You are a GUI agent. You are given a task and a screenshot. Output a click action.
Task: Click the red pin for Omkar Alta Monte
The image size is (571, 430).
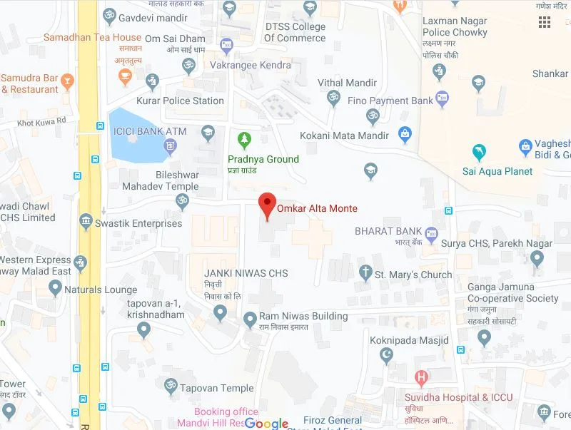[x=267, y=205]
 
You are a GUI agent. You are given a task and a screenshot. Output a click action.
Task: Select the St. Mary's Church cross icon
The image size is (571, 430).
[x=366, y=272]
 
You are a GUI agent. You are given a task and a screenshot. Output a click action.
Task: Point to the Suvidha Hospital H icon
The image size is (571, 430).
[x=422, y=377]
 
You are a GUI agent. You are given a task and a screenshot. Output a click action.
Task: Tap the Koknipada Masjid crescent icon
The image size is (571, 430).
[x=388, y=355]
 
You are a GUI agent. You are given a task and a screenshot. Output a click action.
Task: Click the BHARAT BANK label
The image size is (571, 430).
[x=388, y=231]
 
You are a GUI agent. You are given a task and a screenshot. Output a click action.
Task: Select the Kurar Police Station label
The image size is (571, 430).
[x=180, y=101]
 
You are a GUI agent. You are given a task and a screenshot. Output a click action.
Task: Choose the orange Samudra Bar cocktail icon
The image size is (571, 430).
[x=67, y=80]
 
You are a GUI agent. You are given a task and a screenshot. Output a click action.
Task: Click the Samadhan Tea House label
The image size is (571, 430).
[x=92, y=37]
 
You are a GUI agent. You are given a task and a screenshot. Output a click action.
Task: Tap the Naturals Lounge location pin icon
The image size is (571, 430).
[x=55, y=288]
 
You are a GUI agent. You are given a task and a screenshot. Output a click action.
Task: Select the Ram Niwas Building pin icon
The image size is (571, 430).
[x=250, y=318]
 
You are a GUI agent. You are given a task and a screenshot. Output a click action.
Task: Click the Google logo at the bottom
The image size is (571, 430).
[x=266, y=424]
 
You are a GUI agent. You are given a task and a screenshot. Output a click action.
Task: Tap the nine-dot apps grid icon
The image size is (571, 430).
[x=545, y=22]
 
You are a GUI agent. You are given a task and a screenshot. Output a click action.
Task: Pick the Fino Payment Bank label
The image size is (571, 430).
[x=390, y=101]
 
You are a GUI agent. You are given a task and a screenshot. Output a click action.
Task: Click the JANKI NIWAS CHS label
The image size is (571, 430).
[x=246, y=273]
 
